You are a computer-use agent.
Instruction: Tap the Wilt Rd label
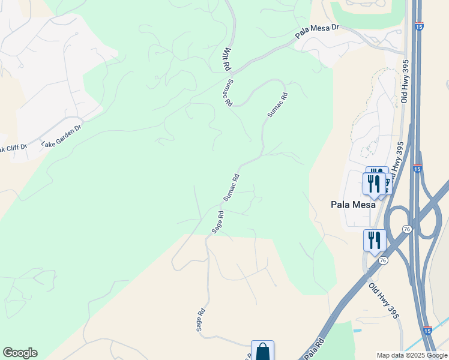(228, 59)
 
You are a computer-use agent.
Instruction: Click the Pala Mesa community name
(353, 205)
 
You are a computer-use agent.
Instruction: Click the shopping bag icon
(263, 351)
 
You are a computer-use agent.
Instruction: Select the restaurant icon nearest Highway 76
(375, 240)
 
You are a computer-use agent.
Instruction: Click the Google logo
(20, 353)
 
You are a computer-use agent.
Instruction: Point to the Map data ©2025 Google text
(412, 355)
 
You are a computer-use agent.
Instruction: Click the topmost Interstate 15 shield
(419, 26)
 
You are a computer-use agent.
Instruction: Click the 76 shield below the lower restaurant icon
(383, 260)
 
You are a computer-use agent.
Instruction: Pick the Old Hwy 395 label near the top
(405, 80)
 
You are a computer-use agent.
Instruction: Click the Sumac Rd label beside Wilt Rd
(228, 94)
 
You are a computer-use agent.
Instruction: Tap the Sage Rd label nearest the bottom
(200, 320)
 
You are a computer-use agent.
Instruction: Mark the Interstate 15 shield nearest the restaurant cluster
(417, 168)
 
